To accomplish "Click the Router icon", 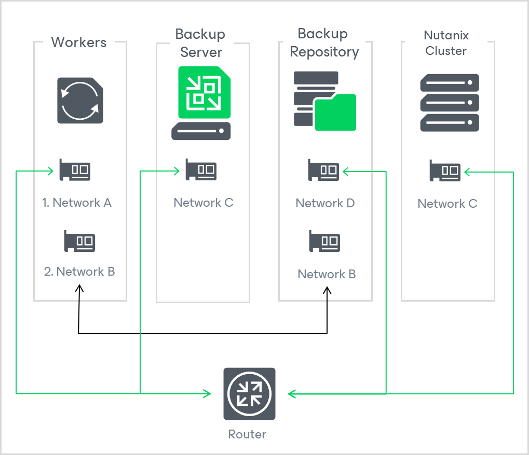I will [249, 394].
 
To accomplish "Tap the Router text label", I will [247, 434].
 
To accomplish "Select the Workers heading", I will [79, 42].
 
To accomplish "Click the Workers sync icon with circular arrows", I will [80, 101].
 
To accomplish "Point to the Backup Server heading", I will [200, 43].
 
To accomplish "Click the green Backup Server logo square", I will [205, 93].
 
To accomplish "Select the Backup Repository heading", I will [324, 43].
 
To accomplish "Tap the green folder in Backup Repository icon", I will [335, 112].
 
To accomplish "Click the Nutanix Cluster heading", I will [446, 43].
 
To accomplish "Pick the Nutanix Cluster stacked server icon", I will [449, 103].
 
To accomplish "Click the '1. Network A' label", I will [77, 203].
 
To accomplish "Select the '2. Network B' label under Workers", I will [79, 272].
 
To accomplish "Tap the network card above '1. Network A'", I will [75, 169].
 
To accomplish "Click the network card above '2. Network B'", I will [80, 241].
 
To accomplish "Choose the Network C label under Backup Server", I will [204, 203].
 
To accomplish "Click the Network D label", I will [325, 203].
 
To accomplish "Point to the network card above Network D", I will [324, 170].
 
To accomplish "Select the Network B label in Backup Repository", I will [327, 274].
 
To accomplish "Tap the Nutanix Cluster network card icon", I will [445, 170].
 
